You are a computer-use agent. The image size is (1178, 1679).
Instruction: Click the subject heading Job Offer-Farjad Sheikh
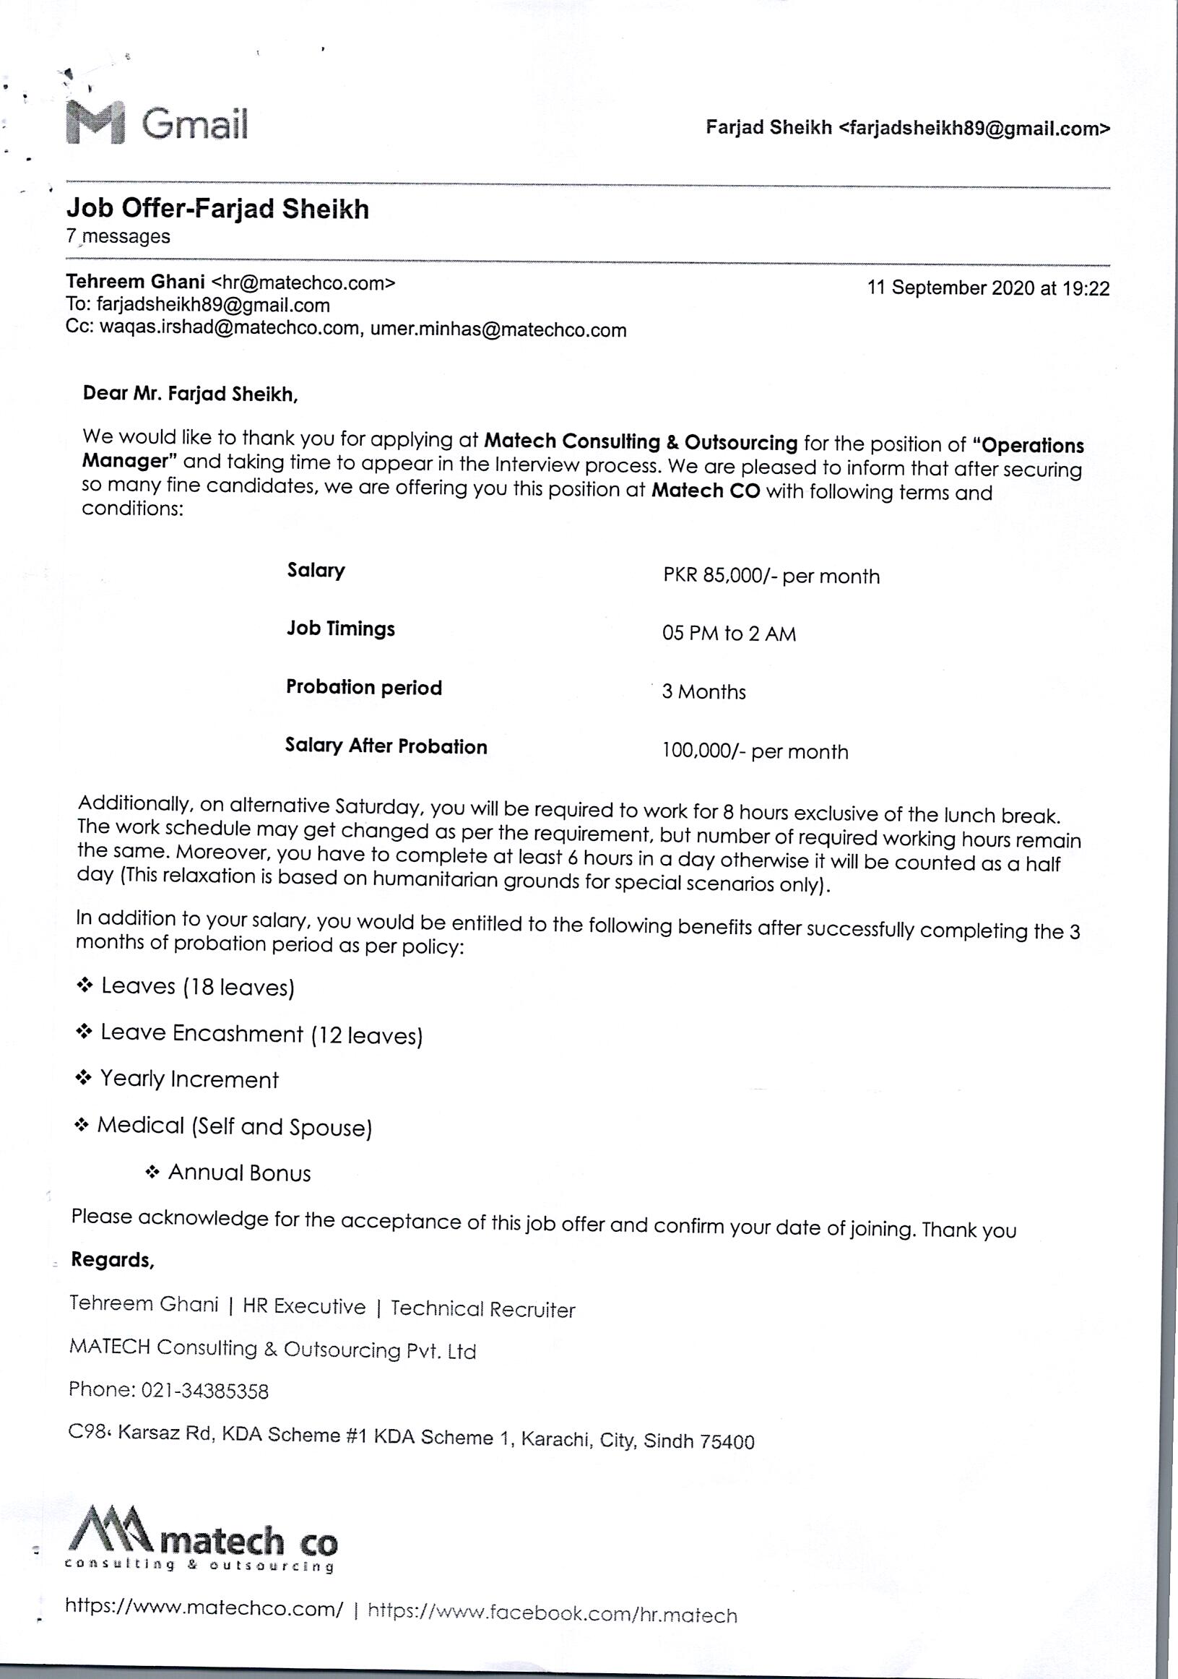pos(218,209)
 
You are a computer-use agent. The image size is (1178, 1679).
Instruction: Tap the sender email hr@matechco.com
pos(303,283)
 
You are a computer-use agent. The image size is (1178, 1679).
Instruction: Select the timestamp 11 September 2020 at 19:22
pos(988,288)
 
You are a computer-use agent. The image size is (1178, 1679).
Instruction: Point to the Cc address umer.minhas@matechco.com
pos(498,329)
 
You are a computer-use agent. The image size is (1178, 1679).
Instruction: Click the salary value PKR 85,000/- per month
pos(771,577)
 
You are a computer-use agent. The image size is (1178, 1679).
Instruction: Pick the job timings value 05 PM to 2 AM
pos(728,634)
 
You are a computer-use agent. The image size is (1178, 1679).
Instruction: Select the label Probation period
pos(363,687)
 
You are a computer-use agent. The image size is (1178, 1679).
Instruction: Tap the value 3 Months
pos(703,692)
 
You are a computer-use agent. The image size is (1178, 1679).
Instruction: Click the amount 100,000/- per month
pos(755,751)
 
